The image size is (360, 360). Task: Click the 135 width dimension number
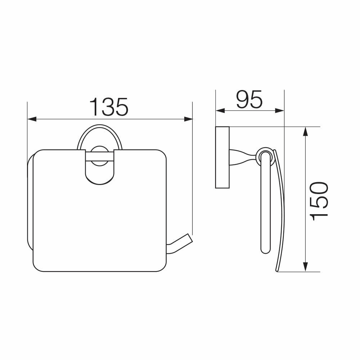109,107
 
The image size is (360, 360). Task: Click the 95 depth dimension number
249,99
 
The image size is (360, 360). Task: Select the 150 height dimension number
319,201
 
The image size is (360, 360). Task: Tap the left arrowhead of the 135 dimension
32,119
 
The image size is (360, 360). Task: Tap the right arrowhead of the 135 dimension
188,119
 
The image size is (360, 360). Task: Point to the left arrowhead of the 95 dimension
220,111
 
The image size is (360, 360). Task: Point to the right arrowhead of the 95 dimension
280,111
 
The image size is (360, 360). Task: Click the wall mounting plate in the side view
222,157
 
